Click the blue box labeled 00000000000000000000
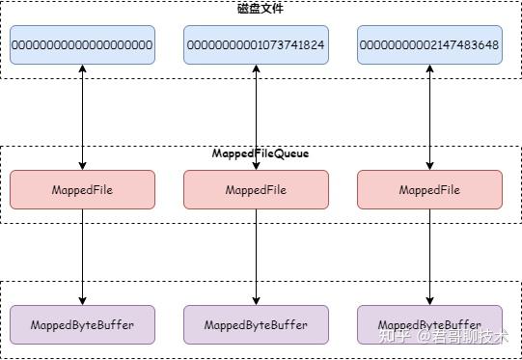pyautogui.click(x=83, y=45)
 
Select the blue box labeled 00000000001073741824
pyautogui.click(x=256, y=45)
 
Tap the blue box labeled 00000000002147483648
pyautogui.click(x=428, y=45)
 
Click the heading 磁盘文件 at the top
pyautogui.click(x=261, y=9)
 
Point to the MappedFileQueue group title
pyautogui.click(x=261, y=153)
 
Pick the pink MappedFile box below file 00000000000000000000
pyautogui.click(x=83, y=190)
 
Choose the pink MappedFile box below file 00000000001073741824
pyautogui.click(x=256, y=190)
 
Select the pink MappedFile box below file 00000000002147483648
pyautogui.click(x=428, y=190)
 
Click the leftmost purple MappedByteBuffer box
pyautogui.click(x=83, y=325)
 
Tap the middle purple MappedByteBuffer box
pyautogui.click(x=256, y=325)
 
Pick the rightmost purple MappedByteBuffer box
pyautogui.click(x=428, y=325)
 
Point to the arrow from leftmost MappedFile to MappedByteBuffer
pyautogui.click(x=83, y=256)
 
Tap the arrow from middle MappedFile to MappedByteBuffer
pyautogui.click(x=256, y=256)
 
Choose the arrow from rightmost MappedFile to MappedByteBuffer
pyautogui.click(x=428, y=256)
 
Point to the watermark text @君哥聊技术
pyautogui.click(x=464, y=338)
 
